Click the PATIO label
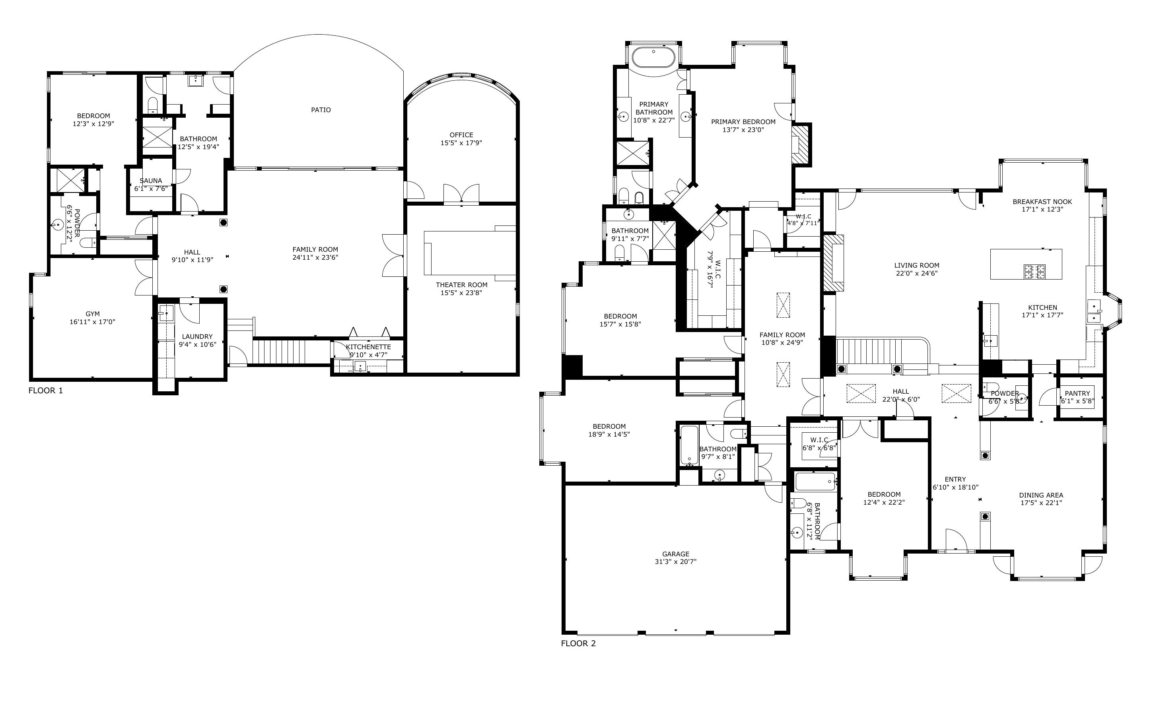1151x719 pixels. coord(321,110)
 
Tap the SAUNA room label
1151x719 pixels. coord(151,181)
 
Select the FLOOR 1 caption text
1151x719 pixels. coord(46,391)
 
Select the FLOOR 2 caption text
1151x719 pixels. coord(578,643)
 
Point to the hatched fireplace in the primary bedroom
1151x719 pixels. coord(801,144)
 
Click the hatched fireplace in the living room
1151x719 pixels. coord(833,262)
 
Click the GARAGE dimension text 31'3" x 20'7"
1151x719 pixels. coord(676,562)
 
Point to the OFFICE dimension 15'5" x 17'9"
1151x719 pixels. coord(461,143)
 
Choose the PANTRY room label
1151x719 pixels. coord(1077,393)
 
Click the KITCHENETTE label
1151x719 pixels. coord(368,347)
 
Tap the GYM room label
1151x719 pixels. coord(93,314)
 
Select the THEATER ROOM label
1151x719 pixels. coord(461,285)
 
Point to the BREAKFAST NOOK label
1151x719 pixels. coord(1042,202)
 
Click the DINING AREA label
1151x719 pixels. coord(1041,495)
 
